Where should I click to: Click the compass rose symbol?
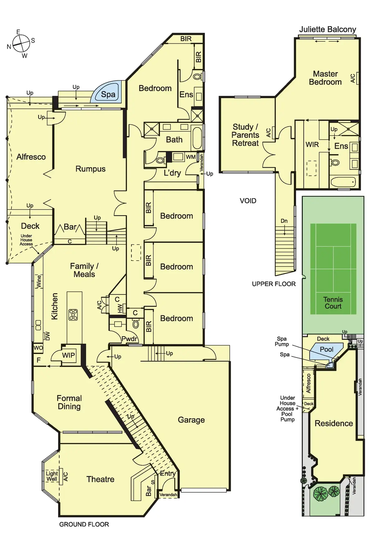tap(21, 44)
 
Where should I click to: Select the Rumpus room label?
tap(90, 169)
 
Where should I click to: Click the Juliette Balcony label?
tap(327, 30)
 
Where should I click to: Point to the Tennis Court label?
tap(333, 303)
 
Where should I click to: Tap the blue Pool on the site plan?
tap(326, 350)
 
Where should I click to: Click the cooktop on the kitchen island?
tap(73, 315)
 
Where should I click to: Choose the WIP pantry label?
tap(68, 355)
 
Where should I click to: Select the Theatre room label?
tap(100, 479)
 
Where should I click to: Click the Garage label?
tap(191, 420)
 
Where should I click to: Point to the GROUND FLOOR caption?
tap(84, 524)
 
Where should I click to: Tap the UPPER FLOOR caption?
tap(274, 284)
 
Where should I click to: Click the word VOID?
tap(248, 201)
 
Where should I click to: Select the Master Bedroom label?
tap(325, 78)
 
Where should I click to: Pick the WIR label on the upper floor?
tap(312, 145)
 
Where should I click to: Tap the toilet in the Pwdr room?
tap(136, 324)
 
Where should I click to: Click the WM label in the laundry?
tap(191, 157)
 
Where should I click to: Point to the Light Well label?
tap(52, 476)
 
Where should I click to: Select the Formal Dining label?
tap(69, 402)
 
